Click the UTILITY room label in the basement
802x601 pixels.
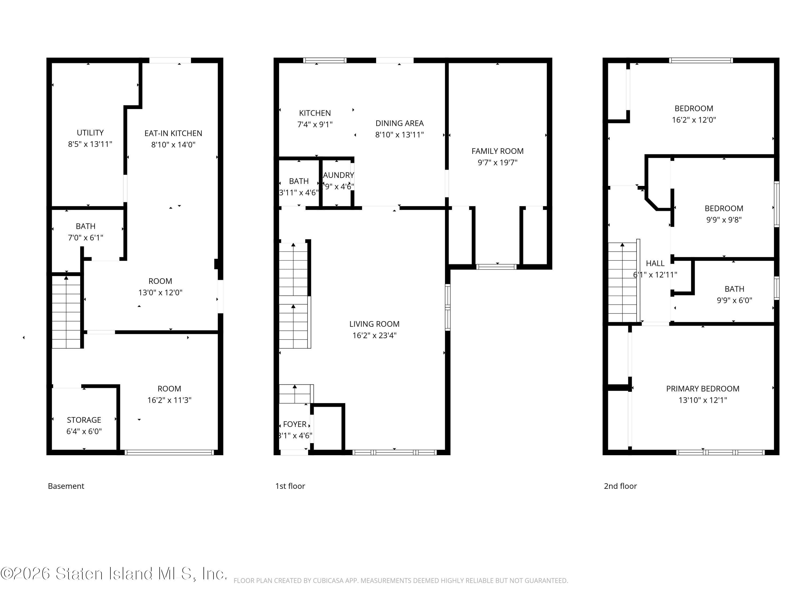tap(90, 132)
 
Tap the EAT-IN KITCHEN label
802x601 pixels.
tap(173, 133)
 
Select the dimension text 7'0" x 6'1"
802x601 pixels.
tap(86, 238)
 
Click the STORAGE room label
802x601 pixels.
tap(84, 420)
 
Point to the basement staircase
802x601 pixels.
tap(66, 311)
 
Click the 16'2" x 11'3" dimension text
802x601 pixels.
tap(169, 400)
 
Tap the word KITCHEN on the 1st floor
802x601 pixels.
tap(315, 113)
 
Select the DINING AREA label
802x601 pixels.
tap(399, 123)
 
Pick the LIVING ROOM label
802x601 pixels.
tap(374, 324)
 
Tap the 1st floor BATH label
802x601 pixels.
tap(299, 181)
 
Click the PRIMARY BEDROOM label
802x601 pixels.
tap(702, 389)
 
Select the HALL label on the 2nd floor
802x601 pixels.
tap(655, 263)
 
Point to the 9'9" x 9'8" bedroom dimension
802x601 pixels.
tap(724, 220)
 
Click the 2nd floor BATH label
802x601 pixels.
tap(734, 289)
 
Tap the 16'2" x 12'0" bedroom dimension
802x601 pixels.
tap(693, 120)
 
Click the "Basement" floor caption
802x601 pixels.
tap(66, 486)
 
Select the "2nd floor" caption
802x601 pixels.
tap(620, 486)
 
